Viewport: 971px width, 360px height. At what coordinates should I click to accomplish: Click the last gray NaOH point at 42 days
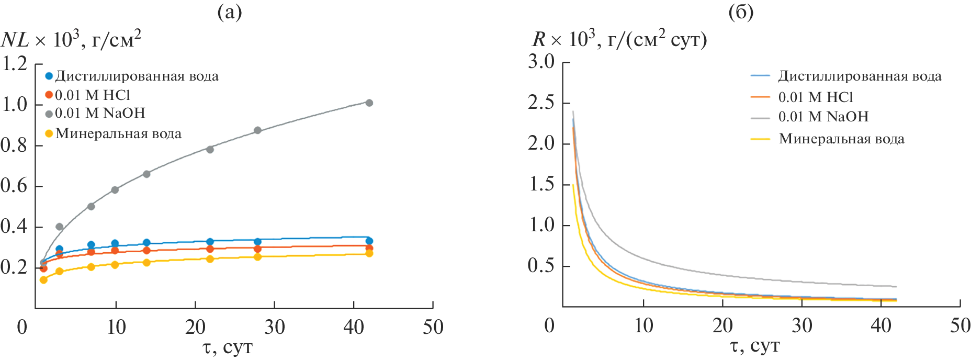[369, 103]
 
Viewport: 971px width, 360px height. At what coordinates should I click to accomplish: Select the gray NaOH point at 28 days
[257, 130]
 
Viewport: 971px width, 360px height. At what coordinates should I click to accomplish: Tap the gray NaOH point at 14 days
[146, 174]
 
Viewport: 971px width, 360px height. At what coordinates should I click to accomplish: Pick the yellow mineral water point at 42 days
[369, 253]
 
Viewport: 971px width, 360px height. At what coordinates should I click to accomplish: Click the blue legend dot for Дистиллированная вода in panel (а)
[49, 76]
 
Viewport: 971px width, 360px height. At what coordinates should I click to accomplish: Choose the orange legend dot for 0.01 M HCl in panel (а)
[49, 95]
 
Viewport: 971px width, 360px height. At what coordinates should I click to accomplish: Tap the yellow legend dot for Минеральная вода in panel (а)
[49, 133]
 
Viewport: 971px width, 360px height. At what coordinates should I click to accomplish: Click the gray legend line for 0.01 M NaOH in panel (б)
[760, 118]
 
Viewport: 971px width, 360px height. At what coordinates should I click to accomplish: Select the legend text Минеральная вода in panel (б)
[841, 139]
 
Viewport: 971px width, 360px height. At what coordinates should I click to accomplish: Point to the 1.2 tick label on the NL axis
[15, 64]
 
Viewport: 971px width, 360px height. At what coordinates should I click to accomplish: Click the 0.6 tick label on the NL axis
[15, 186]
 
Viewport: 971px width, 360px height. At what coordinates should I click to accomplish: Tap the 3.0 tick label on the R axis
[541, 62]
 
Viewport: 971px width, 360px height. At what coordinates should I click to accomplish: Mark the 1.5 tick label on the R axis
[541, 184]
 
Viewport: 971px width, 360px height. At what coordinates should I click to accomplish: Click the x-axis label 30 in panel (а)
[274, 328]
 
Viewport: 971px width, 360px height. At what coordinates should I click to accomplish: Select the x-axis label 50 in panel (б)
[960, 325]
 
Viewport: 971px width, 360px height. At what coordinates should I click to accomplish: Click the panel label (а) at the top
[230, 12]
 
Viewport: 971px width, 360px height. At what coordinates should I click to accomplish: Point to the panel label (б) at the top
[741, 12]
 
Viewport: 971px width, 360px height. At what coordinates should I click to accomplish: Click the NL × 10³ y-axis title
[71, 40]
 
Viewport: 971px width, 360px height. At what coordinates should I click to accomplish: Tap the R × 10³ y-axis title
[619, 40]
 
